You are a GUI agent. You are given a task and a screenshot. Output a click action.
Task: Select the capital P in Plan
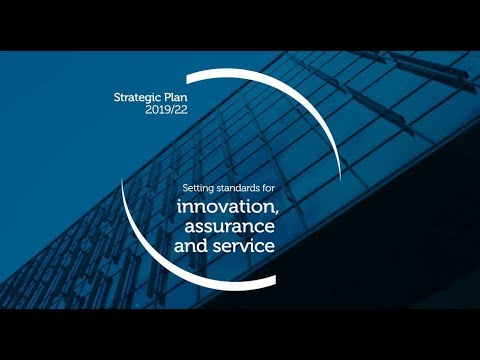coord(160,99)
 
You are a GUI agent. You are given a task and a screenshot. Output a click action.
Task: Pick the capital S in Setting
coord(185,188)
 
